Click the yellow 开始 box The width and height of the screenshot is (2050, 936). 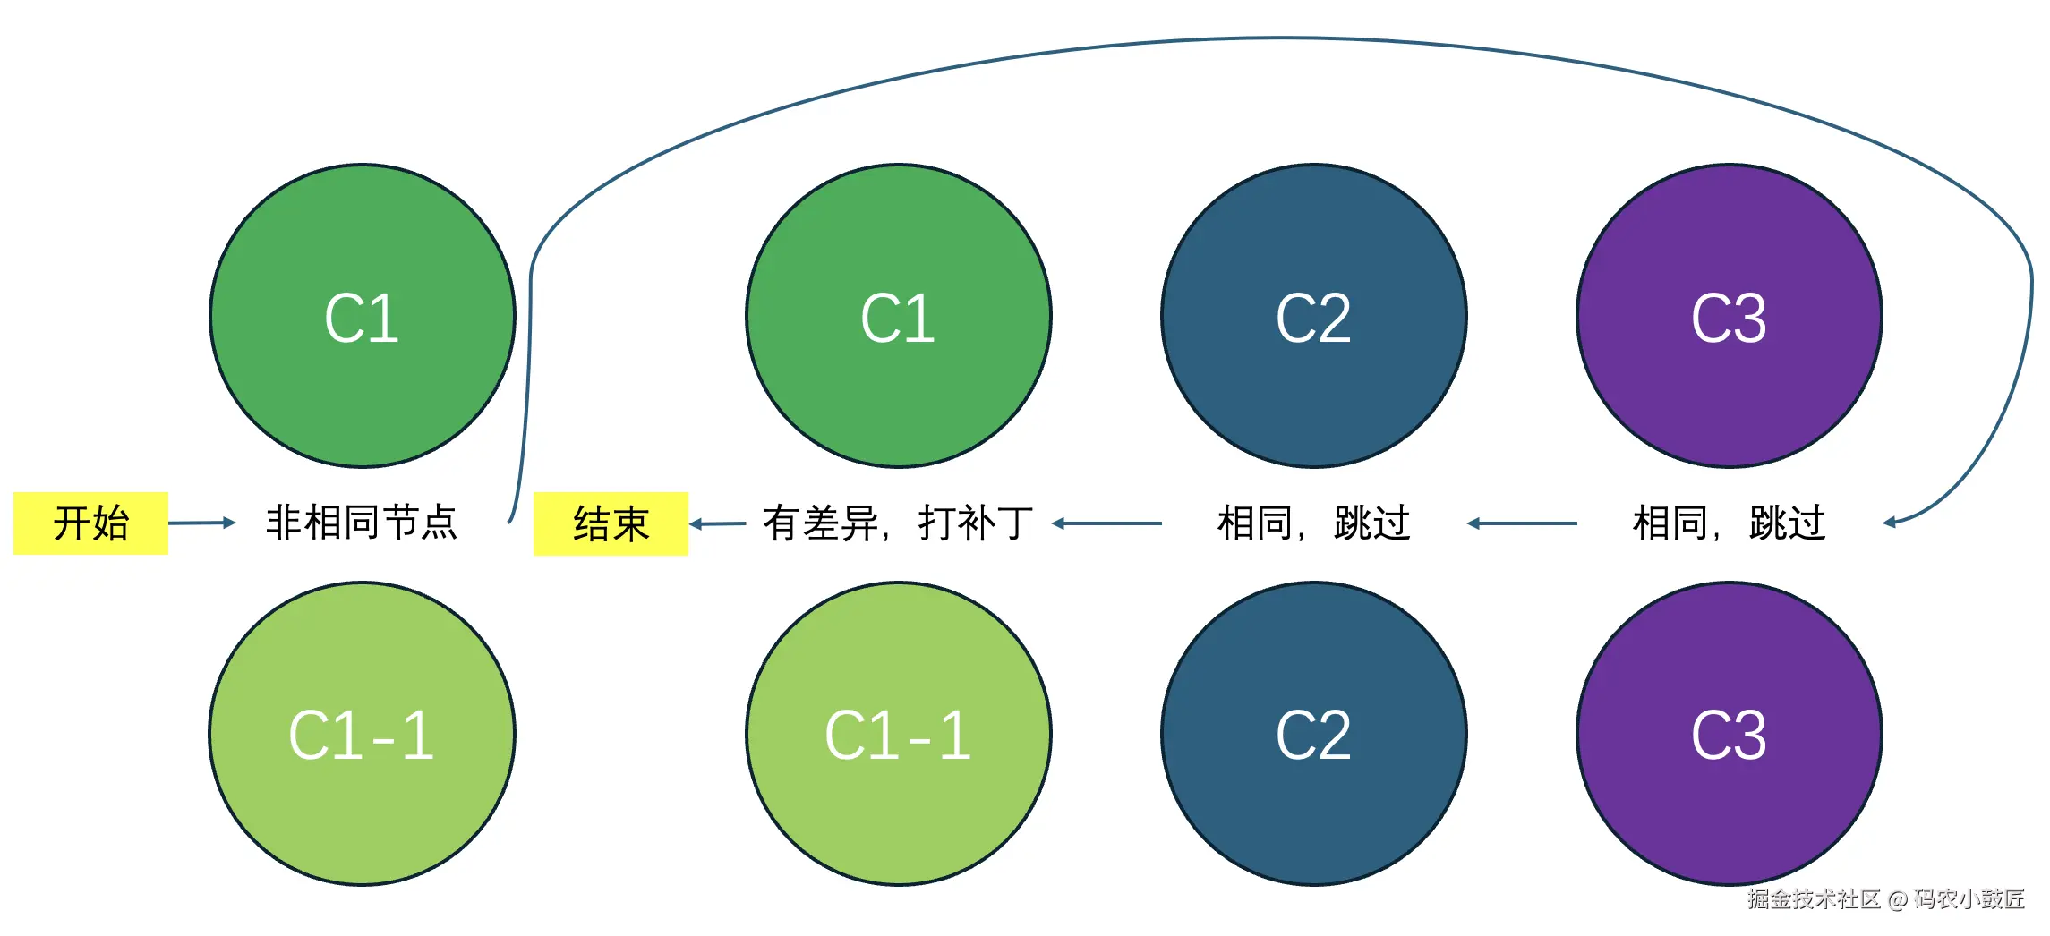tap(90, 523)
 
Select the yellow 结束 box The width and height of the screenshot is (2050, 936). tap(611, 523)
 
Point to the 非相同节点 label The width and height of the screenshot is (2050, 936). tap(362, 523)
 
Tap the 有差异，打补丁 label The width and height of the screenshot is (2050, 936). tap(898, 523)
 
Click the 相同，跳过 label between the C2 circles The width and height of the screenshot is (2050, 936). tap(1313, 523)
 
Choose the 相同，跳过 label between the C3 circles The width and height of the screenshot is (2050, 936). tap(1729, 523)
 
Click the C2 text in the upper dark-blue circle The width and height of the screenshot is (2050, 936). tap(1313, 319)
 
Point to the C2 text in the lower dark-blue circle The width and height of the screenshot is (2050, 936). tap(1313, 736)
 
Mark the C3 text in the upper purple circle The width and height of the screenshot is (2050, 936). tap(1729, 319)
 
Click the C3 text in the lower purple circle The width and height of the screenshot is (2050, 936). tap(1729, 736)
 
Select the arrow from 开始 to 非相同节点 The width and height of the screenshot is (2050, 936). tap(201, 523)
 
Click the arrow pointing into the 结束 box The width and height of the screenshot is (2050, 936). tap(717, 523)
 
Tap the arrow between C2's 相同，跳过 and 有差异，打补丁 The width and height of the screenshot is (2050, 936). tap(1106, 523)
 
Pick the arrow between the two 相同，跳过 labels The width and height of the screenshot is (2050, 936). tap(1522, 523)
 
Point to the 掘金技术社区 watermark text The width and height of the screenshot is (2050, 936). tap(1814, 899)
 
